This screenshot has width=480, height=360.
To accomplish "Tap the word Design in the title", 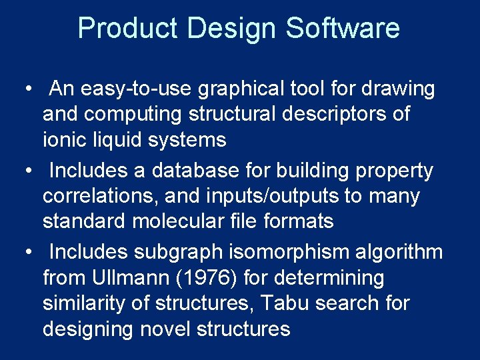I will tap(233, 29).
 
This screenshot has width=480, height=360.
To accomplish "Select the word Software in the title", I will tap(343, 29).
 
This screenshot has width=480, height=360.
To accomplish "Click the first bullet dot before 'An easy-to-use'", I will tap(24, 89).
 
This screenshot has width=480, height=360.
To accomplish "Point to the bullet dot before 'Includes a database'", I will tap(24, 171).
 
